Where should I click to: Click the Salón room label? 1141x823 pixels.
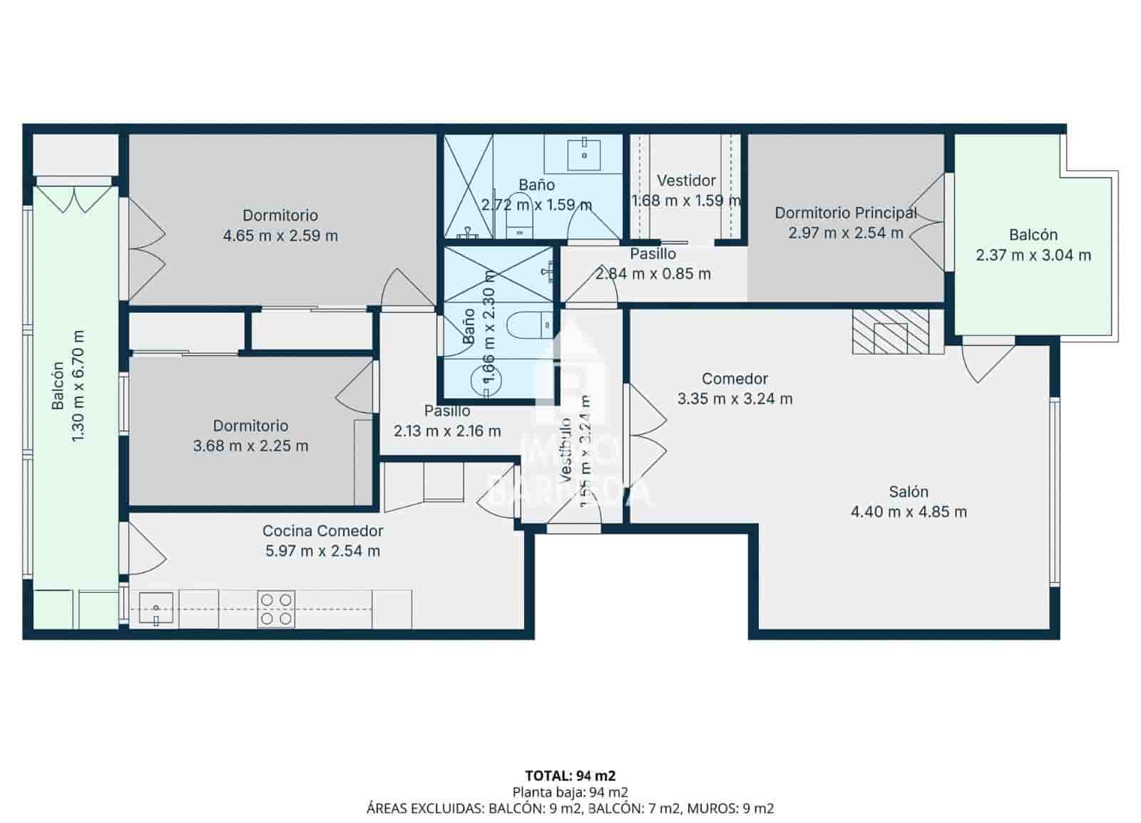click(908, 491)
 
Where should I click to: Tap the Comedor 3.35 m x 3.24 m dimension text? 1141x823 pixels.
click(735, 399)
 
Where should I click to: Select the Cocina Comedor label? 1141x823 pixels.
click(322, 531)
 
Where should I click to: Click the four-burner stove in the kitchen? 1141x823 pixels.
click(276, 609)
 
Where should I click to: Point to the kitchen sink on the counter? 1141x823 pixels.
click(156, 610)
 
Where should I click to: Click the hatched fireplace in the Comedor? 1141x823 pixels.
click(891, 332)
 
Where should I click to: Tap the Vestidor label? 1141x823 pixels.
click(686, 180)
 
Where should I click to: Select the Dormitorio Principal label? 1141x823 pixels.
click(845, 213)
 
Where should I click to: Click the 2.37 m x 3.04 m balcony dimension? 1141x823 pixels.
click(1033, 255)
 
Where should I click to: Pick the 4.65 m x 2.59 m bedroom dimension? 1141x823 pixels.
click(280, 235)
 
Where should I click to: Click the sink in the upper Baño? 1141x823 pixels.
click(584, 153)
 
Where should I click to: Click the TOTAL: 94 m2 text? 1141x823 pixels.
click(570, 775)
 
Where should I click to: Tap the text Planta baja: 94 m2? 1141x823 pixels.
click(570, 792)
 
